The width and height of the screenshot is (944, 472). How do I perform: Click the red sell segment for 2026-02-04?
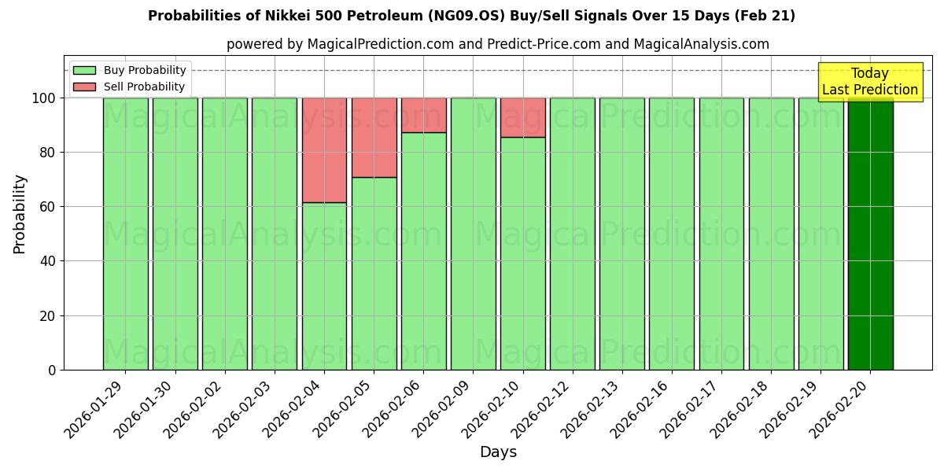coord(324,149)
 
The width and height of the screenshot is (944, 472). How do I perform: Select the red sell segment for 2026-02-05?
coord(374,137)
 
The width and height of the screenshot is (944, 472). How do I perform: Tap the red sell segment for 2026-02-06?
coord(423,115)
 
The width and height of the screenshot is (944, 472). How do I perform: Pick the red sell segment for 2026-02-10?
coord(523,117)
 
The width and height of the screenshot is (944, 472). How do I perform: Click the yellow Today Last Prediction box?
coord(870,82)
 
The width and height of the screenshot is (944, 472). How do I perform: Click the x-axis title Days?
coord(498,452)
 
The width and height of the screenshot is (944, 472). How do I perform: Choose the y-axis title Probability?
coord(20,213)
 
